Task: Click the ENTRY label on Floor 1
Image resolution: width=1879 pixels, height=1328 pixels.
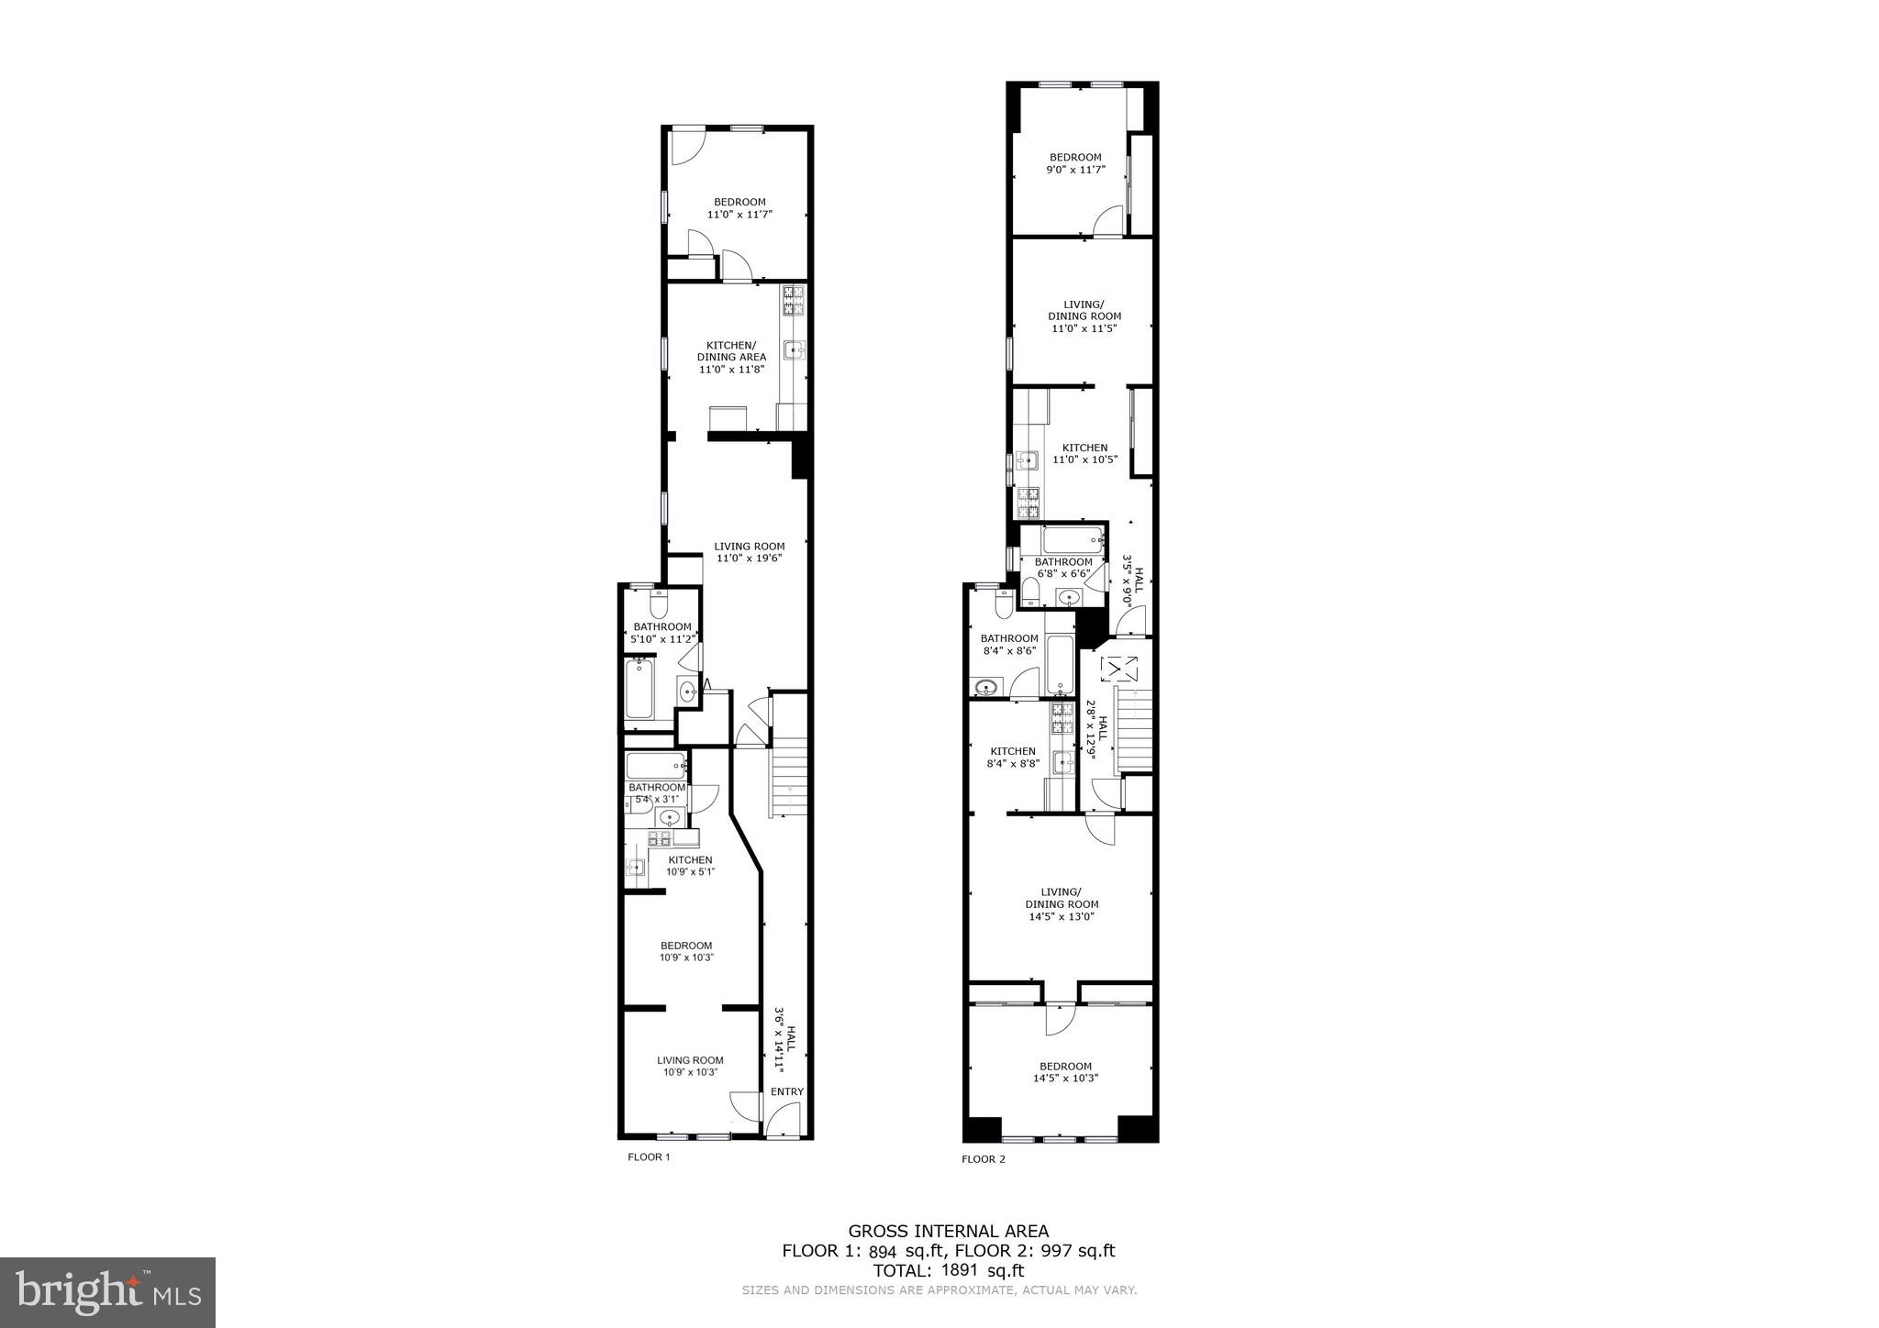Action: [786, 1091]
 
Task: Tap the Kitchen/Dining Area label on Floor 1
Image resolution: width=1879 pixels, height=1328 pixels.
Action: [731, 357]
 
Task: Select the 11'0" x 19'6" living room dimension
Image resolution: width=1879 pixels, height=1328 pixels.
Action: [749, 558]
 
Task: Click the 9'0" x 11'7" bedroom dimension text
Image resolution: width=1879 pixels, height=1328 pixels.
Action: [1075, 170]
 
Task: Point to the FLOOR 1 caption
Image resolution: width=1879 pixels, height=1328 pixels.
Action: [649, 1156]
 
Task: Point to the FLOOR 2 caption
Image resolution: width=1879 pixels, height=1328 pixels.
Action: [984, 1159]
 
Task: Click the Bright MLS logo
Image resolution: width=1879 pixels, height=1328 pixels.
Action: [107, 1292]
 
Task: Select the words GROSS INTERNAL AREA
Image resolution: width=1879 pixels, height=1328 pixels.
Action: [948, 1232]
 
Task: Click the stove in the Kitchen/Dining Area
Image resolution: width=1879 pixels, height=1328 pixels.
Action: [793, 301]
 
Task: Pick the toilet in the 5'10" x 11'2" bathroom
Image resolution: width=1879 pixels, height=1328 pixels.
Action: [659, 604]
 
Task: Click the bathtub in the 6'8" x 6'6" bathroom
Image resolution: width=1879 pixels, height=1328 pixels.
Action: [1072, 539]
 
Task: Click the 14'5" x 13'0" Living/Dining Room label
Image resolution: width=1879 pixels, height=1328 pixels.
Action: [1062, 903]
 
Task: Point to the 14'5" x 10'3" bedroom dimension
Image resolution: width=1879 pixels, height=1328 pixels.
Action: [1065, 1079]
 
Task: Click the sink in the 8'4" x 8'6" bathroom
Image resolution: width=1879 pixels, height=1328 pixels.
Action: [986, 687]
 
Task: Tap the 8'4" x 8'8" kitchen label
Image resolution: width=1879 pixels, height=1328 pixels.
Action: [1012, 757]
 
